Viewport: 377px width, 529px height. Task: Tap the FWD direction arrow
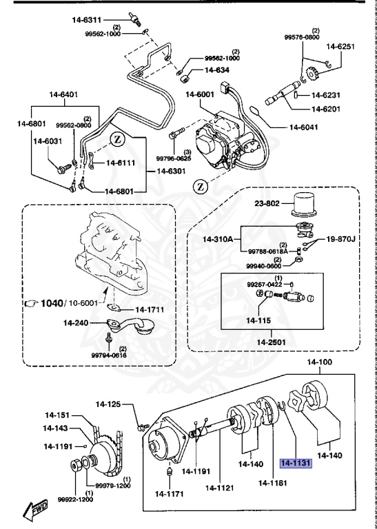click(x=34, y=510)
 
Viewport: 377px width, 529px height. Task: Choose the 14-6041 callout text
click(x=305, y=127)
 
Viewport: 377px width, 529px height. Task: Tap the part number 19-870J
click(x=341, y=238)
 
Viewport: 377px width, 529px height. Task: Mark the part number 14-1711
click(x=149, y=310)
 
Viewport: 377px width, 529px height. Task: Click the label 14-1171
click(x=170, y=493)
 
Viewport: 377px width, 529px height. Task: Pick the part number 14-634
click(x=217, y=70)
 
